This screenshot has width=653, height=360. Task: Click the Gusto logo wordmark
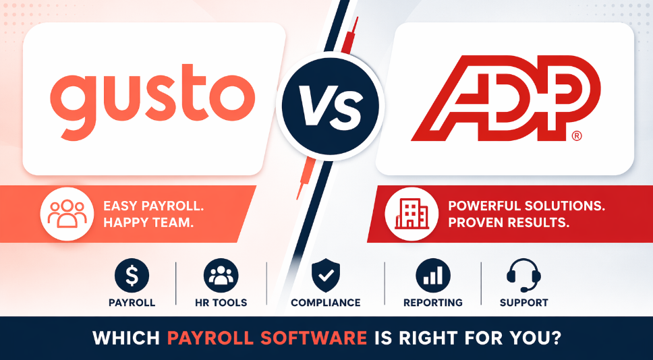[x=152, y=101]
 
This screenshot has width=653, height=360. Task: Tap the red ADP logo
[x=505, y=98]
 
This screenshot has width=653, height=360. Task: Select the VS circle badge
[x=331, y=106]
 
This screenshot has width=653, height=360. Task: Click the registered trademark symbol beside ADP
[x=577, y=136]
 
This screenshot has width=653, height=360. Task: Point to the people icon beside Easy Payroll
[x=67, y=214]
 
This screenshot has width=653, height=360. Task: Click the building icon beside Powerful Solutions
[x=411, y=214]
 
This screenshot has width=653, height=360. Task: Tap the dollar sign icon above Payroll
[x=132, y=276]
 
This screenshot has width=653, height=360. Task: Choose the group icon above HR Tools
[x=221, y=276]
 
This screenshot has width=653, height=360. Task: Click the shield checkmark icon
[x=326, y=275]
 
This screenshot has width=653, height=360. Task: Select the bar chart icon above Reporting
[x=433, y=276]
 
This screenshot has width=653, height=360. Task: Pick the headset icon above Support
[x=523, y=275]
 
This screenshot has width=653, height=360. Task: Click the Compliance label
[x=326, y=303]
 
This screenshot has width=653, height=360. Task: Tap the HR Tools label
[x=221, y=303]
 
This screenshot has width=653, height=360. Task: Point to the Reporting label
[x=433, y=303]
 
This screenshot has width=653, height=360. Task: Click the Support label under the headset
[x=524, y=303]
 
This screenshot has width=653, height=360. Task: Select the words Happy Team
[x=148, y=222]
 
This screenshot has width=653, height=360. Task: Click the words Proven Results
[x=509, y=222]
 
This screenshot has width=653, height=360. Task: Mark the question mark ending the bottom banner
[x=554, y=338]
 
